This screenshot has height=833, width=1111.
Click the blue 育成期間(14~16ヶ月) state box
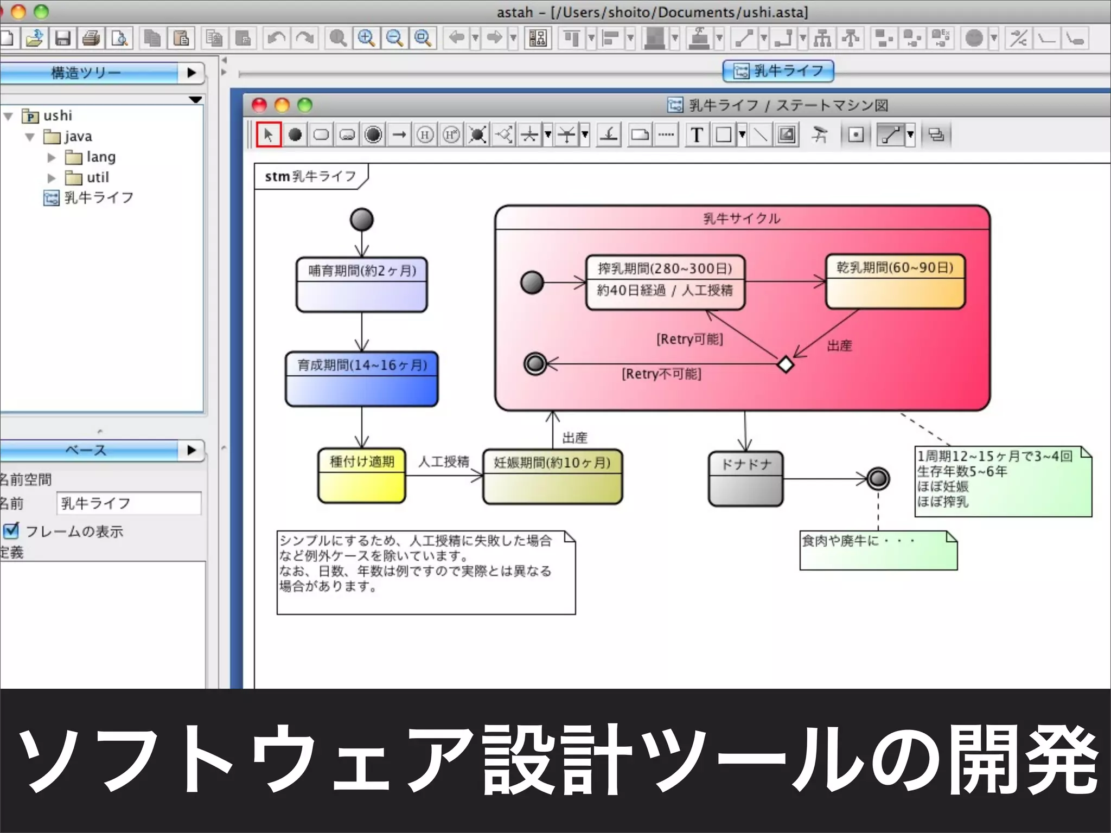tap(362, 379)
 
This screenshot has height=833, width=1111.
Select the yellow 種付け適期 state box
tap(362, 476)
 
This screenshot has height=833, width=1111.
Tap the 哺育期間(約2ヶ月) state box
tap(362, 285)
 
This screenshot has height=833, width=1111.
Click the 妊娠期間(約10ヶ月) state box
tap(552, 477)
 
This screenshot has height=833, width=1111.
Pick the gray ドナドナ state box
tap(745, 479)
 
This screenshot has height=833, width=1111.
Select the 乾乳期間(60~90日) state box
tap(895, 281)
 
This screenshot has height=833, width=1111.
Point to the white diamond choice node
tap(786, 364)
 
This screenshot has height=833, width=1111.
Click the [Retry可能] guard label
tap(689, 339)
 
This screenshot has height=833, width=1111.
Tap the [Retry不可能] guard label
tap(661, 374)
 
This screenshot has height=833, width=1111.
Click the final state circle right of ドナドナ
tap(878, 478)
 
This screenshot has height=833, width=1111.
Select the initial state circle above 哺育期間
tap(362, 220)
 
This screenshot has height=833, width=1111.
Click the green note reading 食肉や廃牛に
tap(878, 550)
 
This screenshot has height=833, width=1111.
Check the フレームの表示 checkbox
tap(11, 530)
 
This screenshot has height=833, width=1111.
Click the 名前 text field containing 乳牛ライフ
tap(129, 503)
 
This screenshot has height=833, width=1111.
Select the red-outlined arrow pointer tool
tap(269, 134)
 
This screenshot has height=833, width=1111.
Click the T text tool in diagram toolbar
tap(697, 134)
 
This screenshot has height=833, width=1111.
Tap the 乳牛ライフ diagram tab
tap(778, 71)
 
